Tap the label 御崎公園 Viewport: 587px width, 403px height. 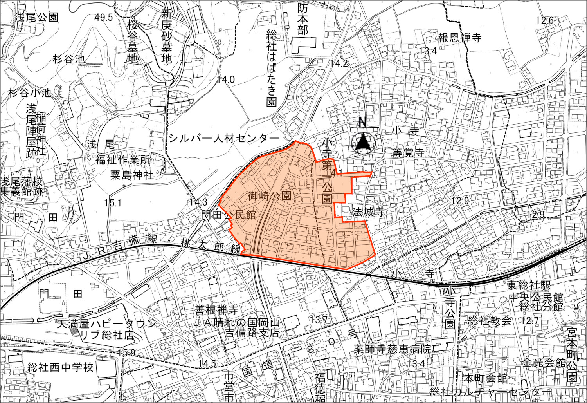pyautogui.click(x=270, y=196)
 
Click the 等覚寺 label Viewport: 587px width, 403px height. pyautogui.click(x=408, y=153)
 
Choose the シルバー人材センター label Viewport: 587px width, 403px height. pyautogui.click(x=225, y=138)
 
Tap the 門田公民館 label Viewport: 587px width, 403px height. pyautogui.click(x=229, y=215)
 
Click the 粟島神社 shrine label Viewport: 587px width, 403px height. pyautogui.click(x=131, y=175)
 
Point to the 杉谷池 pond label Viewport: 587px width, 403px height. pyautogui.click(x=69, y=59)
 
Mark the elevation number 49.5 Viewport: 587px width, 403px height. pyautogui.click(x=104, y=17)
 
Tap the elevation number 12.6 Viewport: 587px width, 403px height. pyautogui.click(x=545, y=20)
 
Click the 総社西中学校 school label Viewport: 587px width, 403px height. pyautogui.click(x=61, y=368)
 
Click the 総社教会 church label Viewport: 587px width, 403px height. pyautogui.click(x=490, y=322)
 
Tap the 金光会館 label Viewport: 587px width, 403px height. pyautogui.click(x=544, y=362)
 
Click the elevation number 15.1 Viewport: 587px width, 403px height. pyautogui.click(x=113, y=203)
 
